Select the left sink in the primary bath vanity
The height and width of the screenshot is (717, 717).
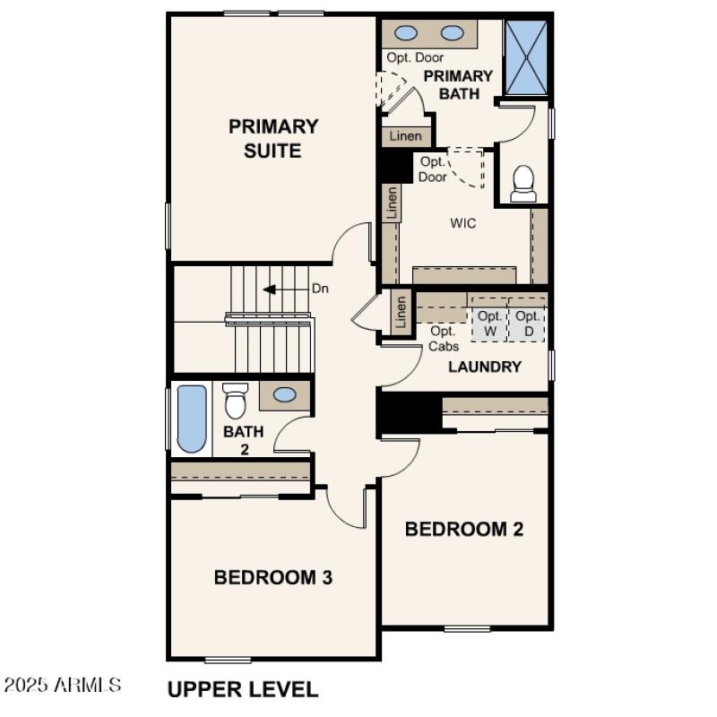point(406,34)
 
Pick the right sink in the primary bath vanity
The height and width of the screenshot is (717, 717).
point(453,34)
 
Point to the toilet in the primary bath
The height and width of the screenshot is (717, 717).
point(523,184)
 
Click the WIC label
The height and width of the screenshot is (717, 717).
point(462,223)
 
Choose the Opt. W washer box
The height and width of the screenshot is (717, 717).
point(489,324)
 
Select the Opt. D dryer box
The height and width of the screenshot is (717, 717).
point(528,324)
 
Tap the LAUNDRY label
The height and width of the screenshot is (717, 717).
point(484,367)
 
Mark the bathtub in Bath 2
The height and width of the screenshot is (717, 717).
point(191,419)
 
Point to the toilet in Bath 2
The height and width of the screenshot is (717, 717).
point(236,401)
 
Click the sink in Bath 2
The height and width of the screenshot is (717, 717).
point(286,394)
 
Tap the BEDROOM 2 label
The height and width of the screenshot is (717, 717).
point(463,529)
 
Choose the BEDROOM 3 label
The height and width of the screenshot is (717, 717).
point(273,577)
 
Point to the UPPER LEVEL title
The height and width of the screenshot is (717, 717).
point(242,689)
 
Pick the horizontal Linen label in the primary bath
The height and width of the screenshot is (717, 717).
point(405,136)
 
